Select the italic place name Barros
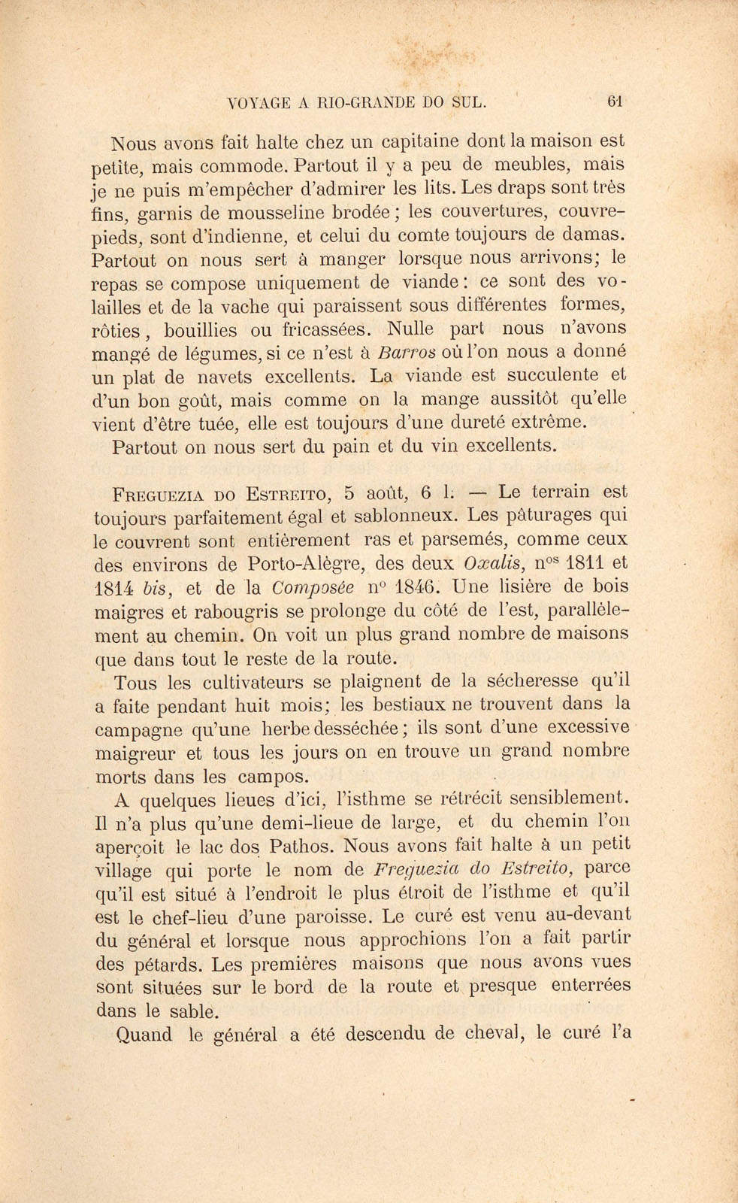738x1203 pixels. point(407,353)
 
